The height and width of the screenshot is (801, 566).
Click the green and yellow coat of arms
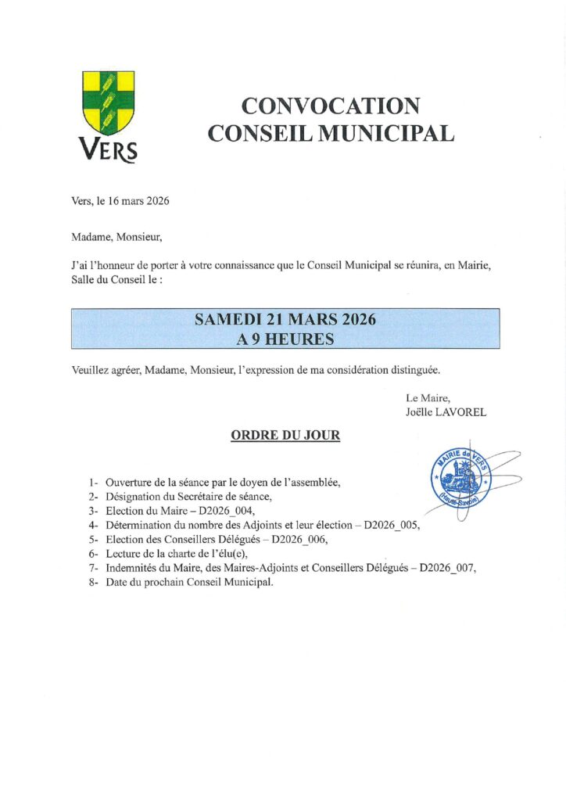109,102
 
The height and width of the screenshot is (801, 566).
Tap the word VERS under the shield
108,149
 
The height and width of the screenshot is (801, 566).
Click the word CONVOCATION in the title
331,106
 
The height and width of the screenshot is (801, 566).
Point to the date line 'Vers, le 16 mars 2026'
120,200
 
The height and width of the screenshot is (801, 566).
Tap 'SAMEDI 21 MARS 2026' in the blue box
285,319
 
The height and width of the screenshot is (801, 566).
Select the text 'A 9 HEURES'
285,339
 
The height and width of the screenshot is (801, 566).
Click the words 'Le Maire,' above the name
428,398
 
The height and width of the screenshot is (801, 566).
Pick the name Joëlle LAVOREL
446,412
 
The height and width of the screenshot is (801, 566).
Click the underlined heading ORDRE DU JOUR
285,436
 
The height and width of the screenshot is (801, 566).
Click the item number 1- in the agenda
94,483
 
